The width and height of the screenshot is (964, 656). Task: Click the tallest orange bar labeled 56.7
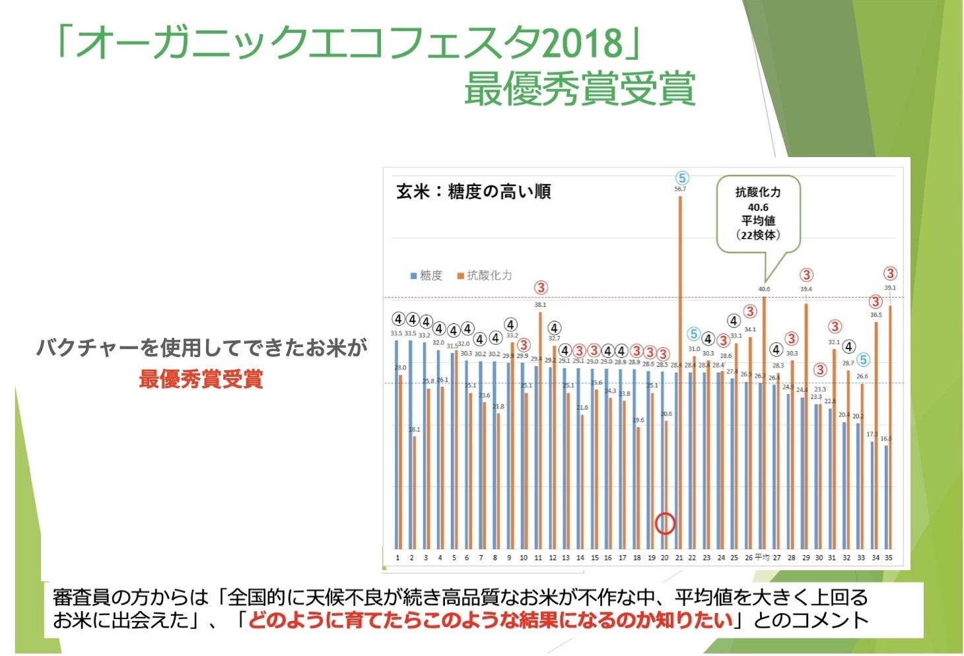(x=680, y=370)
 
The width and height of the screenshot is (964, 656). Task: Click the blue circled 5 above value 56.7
(x=682, y=178)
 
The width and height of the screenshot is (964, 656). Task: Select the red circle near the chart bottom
(x=665, y=523)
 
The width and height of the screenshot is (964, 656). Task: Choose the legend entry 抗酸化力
(x=485, y=276)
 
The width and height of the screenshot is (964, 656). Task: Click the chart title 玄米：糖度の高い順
(x=473, y=192)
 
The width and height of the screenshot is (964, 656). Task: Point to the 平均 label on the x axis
(x=762, y=558)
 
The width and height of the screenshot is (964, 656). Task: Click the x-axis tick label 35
(x=889, y=558)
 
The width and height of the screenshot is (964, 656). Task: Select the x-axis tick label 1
(x=397, y=558)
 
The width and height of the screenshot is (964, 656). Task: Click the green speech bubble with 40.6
(x=758, y=214)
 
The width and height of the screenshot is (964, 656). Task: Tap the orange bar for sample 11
(x=541, y=429)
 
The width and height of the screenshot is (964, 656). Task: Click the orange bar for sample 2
(x=415, y=492)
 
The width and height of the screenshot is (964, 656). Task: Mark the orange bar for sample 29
(x=806, y=426)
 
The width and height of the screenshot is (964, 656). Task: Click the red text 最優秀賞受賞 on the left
(x=201, y=379)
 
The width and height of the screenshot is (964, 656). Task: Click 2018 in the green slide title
(x=582, y=44)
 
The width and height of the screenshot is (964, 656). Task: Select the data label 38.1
(x=540, y=305)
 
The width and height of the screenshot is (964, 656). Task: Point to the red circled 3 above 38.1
(x=541, y=288)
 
